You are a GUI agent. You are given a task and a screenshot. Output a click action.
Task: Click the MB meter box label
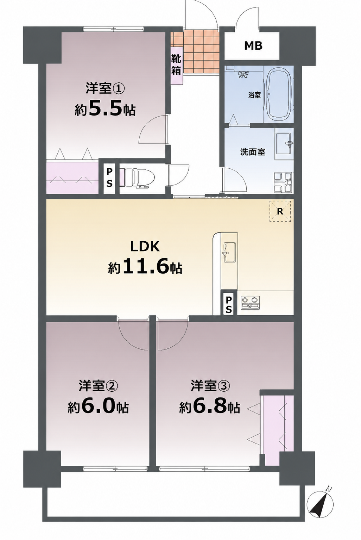click(253, 45)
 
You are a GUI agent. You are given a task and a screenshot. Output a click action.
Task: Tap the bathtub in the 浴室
click(280, 95)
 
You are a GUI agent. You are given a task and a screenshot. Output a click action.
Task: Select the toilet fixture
click(138, 178)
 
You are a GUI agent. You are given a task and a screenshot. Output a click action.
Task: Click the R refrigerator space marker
click(280, 211)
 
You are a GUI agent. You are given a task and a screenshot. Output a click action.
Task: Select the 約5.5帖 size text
click(105, 110)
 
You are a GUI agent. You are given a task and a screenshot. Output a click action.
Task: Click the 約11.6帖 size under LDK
click(145, 268)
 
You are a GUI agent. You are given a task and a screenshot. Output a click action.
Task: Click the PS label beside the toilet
click(109, 178)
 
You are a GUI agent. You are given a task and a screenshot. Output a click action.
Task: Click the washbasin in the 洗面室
click(284, 144)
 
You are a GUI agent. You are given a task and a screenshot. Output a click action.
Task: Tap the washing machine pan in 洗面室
click(283, 182)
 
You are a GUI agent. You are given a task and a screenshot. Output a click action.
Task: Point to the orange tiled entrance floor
click(195, 52)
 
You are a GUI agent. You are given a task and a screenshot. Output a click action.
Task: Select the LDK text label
click(145, 247)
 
